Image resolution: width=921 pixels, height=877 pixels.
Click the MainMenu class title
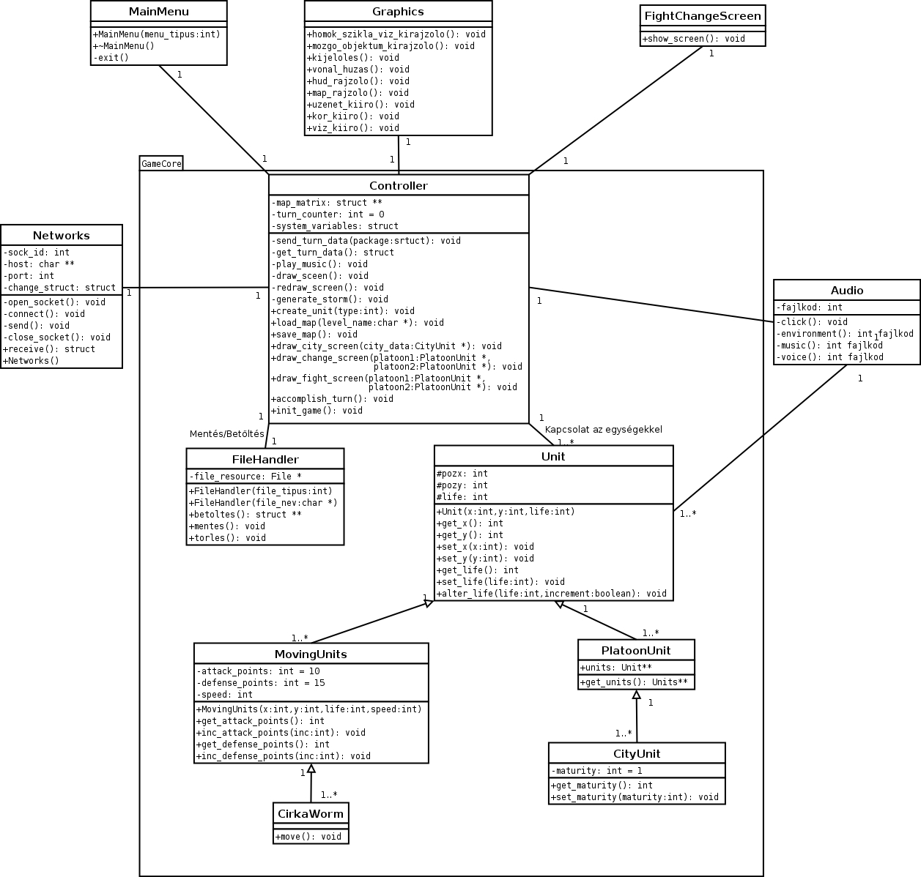158,11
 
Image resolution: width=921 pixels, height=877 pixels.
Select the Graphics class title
398,11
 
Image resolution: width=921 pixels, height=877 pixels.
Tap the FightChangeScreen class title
703,15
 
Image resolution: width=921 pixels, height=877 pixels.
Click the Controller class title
399,185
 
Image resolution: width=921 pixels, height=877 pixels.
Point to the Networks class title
62,235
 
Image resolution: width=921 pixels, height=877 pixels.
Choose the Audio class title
847,290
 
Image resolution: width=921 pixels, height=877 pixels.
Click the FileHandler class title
265,459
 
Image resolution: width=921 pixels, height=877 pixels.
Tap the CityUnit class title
637,753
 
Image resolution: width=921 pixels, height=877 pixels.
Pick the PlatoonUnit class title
636,650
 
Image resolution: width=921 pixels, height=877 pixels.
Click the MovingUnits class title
311,654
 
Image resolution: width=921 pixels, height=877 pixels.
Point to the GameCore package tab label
161,163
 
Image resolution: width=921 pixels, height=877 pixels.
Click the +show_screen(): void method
694,39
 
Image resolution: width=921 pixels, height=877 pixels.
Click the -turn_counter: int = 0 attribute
328,214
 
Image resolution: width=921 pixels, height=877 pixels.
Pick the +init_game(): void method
317,411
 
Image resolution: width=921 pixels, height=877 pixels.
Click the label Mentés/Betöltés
226,434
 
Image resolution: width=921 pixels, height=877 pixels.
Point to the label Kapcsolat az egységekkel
603,429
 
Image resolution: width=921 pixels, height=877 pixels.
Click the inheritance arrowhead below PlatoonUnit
637,695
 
